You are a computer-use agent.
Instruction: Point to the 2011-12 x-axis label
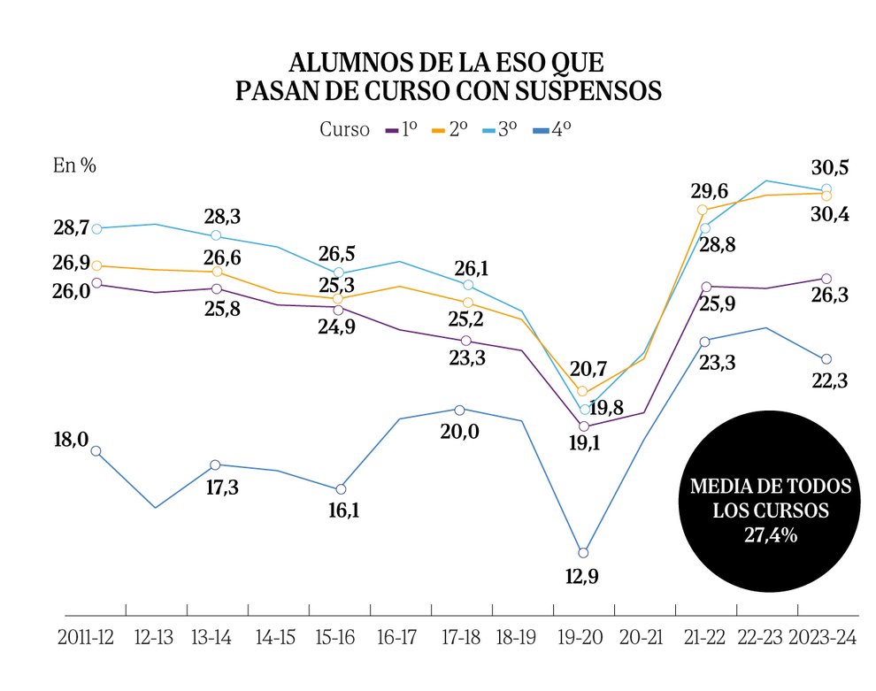coord(87,638)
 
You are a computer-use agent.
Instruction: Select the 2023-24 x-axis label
coord(824,638)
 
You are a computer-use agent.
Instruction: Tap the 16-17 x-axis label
coord(396,638)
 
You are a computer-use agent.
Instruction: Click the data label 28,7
coord(71,227)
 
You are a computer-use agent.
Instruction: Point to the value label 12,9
coord(582,579)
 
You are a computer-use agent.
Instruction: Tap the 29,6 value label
coord(710,191)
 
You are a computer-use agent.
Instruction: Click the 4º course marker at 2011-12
coord(96,450)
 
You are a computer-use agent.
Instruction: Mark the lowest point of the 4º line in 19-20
coord(583,553)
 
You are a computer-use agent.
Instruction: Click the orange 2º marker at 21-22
coord(703,210)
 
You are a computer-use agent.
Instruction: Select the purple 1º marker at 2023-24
coord(826,280)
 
